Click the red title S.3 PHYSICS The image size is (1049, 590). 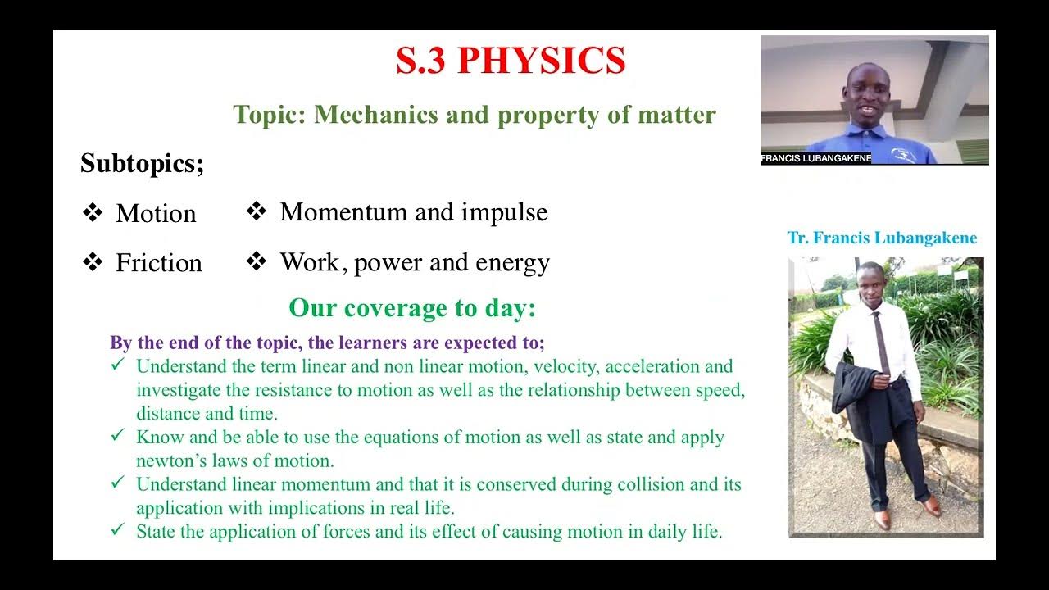pos(511,61)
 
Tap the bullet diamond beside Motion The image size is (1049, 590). pos(93,214)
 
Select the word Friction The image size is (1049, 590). pos(159,263)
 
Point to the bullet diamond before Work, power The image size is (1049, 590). pos(257,262)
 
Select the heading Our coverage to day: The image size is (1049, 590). pos(412,308)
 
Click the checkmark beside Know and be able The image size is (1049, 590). pos(118,436)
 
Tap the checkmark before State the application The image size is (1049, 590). pos(118,530)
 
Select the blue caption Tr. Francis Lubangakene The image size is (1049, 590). pos(882,238)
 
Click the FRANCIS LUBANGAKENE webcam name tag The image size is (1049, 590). pos(815,158)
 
